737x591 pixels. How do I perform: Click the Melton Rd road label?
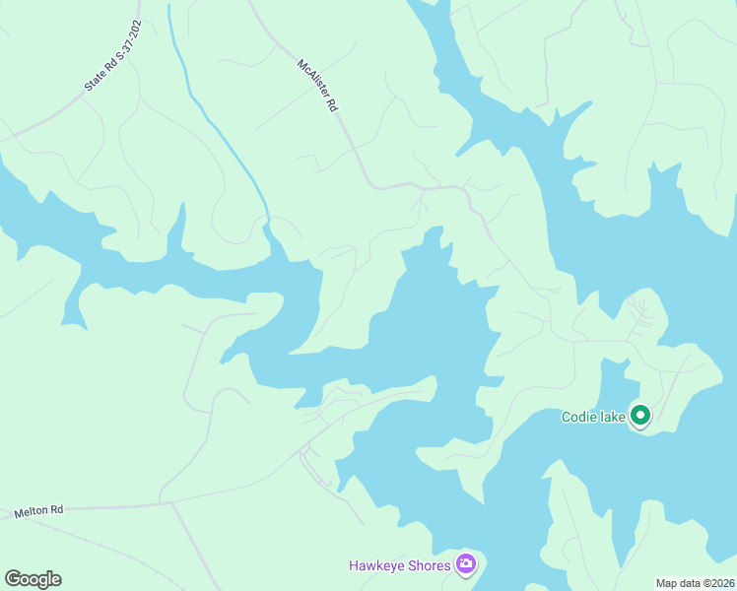pyautogui.click(x=38, y=511)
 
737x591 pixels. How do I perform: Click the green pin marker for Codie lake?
pyautogui.click(x=640, y=416)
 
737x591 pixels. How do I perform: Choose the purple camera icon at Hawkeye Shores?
pyautogui.click(x=465, y=564)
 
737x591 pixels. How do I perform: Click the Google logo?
pyautogui.click(x=33, y=579)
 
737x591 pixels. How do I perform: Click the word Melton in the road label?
pyautogui.click(x=31, y=512)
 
